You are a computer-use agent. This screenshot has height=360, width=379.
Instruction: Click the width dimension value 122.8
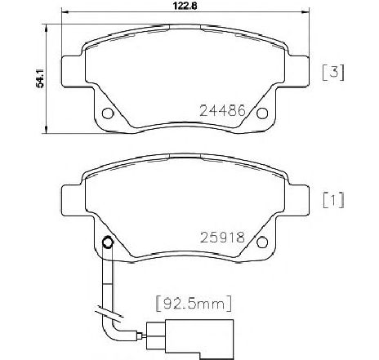coord(185,6)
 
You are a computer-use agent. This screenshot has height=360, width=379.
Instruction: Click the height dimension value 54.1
coord(40,78)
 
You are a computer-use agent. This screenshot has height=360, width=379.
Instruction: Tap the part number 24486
coord(223,110)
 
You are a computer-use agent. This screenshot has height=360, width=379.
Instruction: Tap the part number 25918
coord(223,238)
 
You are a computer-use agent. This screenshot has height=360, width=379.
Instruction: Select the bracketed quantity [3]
coord(333,73)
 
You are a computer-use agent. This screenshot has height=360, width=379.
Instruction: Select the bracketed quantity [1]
coord(333,200)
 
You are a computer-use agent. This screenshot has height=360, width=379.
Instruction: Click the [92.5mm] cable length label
coord(194,303)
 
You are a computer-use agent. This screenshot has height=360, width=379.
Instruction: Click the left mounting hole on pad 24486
coord(108,113)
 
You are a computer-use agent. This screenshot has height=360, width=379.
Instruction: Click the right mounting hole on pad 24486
coord(262,113)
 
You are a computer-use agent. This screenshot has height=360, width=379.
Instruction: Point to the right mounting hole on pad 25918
coord(262,242)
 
